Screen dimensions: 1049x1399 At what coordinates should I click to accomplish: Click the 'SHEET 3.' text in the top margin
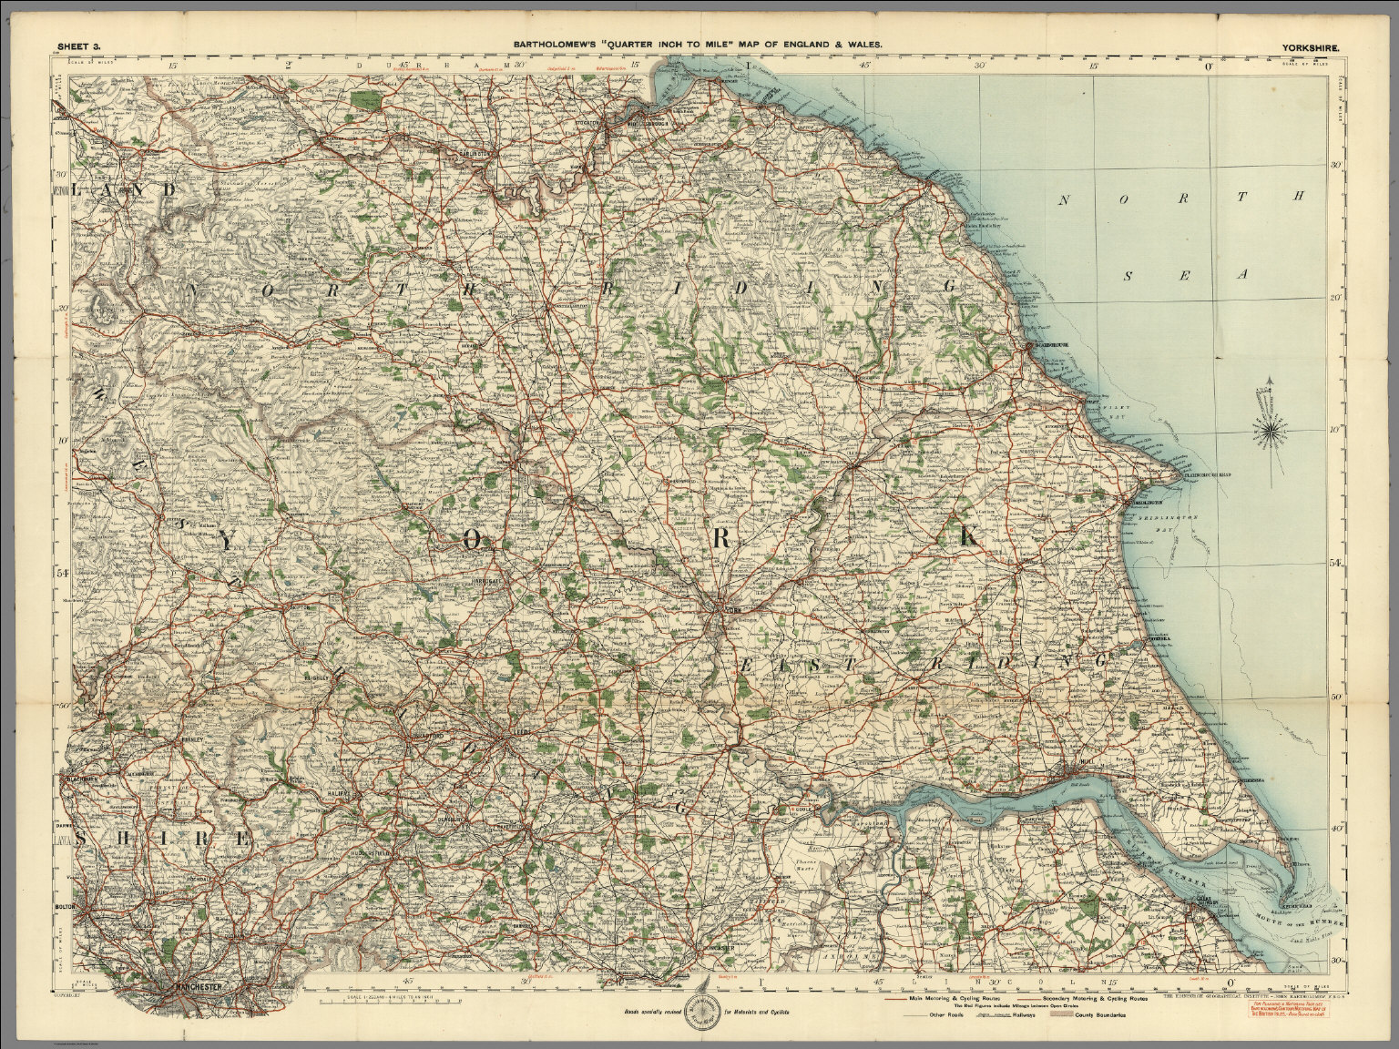pyautogui.click(x=79, y=43)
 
